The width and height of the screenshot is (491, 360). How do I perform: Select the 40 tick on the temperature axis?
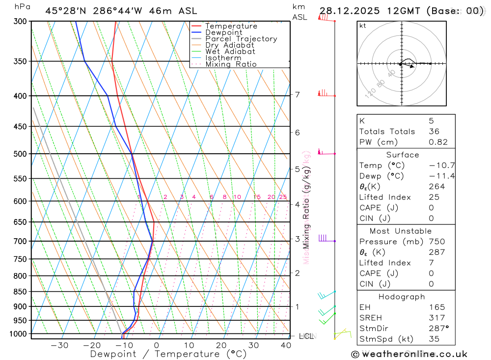coord(285,345)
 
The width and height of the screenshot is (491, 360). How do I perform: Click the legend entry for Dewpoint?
coord(223,32)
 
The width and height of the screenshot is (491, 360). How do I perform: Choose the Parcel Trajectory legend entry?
coord(241,39)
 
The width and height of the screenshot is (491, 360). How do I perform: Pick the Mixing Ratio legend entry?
coord(231,64)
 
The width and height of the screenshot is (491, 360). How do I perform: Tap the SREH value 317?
coord(436,318)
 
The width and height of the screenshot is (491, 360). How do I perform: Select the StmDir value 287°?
coord(437,329)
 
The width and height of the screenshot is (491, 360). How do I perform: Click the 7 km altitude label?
coord(297,94)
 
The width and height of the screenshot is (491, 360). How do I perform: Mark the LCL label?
coord(306,336)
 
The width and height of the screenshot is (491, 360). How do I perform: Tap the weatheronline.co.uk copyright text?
coord(409,354)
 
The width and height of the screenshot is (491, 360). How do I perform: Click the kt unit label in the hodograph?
coord(363,26)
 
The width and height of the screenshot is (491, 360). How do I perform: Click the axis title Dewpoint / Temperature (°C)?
coord(168,354)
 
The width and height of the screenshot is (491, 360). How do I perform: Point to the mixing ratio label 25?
coord(283,197)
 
